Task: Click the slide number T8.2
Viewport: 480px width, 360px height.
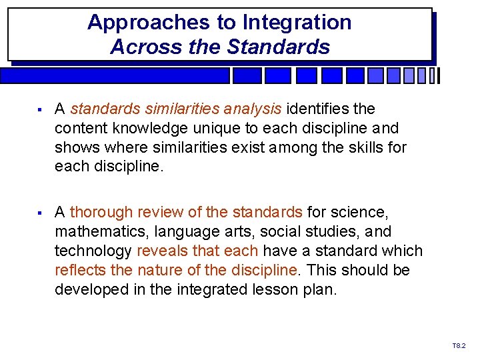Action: [459, 346]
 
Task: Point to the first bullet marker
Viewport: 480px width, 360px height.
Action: [41, 109]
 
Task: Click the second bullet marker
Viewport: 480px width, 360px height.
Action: [41, 213]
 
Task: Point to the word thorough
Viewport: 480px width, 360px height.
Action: [98, 213]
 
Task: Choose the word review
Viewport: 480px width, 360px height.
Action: [160, 213]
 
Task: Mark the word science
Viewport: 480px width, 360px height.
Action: [359, 213]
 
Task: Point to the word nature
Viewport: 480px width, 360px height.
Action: [160, 271]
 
